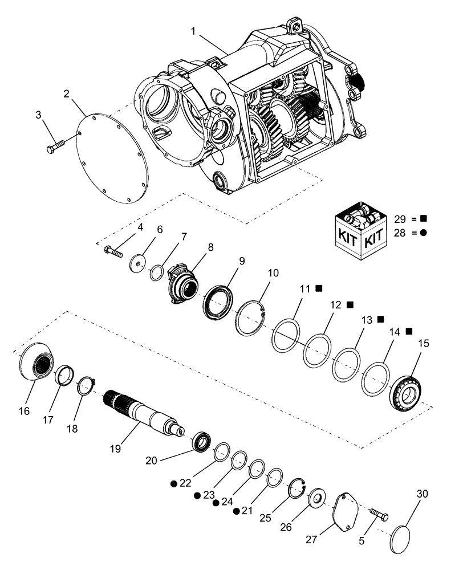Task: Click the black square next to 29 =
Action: [x=424, y=218]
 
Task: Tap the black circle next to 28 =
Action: [x=424, y=233]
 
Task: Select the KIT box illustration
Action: [x=360, y=228]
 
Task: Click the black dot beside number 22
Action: [x=173, y=483]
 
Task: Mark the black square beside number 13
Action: [x=380, y=319]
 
